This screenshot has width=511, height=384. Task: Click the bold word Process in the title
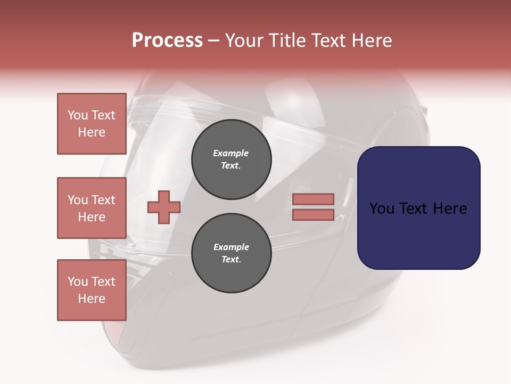pyautogui.click(x=167, y=41)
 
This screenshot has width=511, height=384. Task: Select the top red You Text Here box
pyautogui.click(x=92, y=124)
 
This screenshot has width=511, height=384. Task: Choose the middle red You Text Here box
pyautogui.click(x=92, y=208)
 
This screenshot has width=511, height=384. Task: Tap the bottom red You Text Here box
pyautogui.click(x=92, y=290)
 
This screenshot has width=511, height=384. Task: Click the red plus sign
pyautogui.click(x=164, y=207)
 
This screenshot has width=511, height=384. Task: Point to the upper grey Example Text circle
pyautogui.click(x=232, y=159)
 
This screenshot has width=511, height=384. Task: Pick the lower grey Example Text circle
pyautogui.click(x=232, y=253)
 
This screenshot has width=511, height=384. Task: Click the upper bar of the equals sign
pyautogui.click(x=314, y=199)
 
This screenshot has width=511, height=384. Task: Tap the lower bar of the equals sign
pyautogui.click(x=314, y=215)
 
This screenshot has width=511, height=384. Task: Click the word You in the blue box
pyautogui.click(x=382, y=209)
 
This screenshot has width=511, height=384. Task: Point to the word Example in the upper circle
pyautogui.click(x=231, y=153)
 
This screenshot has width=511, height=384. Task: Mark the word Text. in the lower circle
pyautogui.click(x=231, y=260)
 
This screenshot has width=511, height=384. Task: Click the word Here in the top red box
pyautogui.click(x=92, y=132)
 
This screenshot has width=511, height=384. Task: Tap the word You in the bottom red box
pyautogui.click(x=78, y=282)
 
